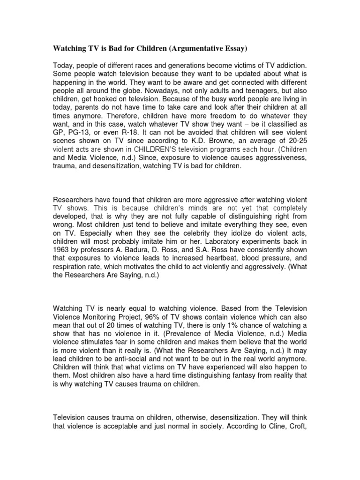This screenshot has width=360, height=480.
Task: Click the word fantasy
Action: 232,376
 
